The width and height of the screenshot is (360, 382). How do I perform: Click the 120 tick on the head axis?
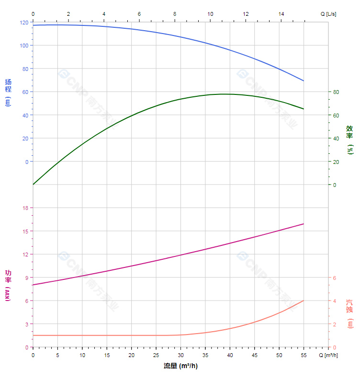click(24, 23)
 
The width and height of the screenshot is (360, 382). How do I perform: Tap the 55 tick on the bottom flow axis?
click(304, 355)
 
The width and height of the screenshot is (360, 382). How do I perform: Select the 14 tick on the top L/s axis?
click(281, 14)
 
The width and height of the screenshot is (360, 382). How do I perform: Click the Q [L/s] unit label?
click(328, 14)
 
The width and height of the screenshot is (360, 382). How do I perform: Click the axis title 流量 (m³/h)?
click(180, 366)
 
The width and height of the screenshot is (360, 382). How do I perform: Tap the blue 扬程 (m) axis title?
click(8, 93)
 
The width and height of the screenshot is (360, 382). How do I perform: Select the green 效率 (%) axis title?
click(350, 139)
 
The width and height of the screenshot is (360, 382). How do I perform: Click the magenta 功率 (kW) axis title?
click(8, 285)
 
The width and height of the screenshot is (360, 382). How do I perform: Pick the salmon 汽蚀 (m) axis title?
click(350, 313)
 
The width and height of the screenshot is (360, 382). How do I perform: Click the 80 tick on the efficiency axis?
click(336, 92)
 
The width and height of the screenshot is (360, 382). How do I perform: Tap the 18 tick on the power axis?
click(25, 208)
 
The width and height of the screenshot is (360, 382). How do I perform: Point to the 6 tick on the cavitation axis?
click(335, 278)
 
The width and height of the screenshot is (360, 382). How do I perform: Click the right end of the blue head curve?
click(304, 81)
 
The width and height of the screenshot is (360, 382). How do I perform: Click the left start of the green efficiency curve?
click(33, 185)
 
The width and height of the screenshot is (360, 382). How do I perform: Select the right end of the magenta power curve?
click(304, 224)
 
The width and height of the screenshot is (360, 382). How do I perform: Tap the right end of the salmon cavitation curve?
click(304, 301)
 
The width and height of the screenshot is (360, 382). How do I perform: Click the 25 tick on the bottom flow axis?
click(156, 355)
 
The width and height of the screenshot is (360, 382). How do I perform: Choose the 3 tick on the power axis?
click(27, 324)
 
